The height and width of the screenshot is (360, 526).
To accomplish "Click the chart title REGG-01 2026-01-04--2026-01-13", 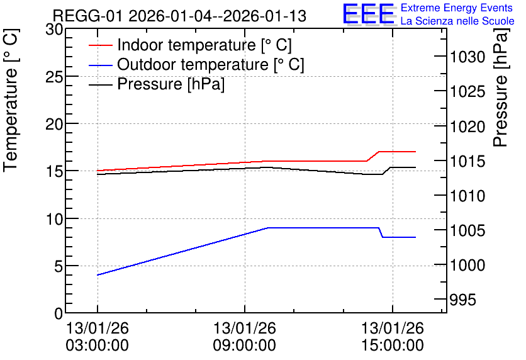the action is [179, 16].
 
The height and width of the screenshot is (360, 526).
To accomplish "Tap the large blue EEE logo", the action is [368, 14].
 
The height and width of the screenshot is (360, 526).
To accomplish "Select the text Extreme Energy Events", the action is [457, 8].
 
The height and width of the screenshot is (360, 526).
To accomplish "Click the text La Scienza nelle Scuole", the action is [457, 21].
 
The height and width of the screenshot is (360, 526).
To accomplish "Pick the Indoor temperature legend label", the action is [204, 45].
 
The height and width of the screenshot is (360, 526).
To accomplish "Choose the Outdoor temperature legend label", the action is [211, 64].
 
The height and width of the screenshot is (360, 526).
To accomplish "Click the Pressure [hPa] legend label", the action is [171, 84].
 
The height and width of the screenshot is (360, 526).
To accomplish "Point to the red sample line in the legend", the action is [100, 45].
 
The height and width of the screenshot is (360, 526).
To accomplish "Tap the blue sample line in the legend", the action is [100, 65].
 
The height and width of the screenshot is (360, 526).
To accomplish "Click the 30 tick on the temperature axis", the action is [54, 30].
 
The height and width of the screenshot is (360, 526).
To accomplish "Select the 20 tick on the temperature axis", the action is [54, 124].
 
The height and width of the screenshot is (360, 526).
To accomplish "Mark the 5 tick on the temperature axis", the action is [59, 266].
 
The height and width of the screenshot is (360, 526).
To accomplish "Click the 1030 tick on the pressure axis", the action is [467, 57].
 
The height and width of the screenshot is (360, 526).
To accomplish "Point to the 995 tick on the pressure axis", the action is [463, 300].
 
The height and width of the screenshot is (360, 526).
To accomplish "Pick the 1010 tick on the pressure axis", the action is [467, 196].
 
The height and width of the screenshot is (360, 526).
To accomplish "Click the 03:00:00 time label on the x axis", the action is [98, 345].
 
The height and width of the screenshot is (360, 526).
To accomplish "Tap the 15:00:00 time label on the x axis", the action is [393, 345].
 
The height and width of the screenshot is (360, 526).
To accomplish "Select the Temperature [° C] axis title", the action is [11, 101].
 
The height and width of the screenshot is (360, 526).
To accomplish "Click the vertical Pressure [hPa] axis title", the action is [500, 87].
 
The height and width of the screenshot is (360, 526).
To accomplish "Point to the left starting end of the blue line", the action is [98, 275].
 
